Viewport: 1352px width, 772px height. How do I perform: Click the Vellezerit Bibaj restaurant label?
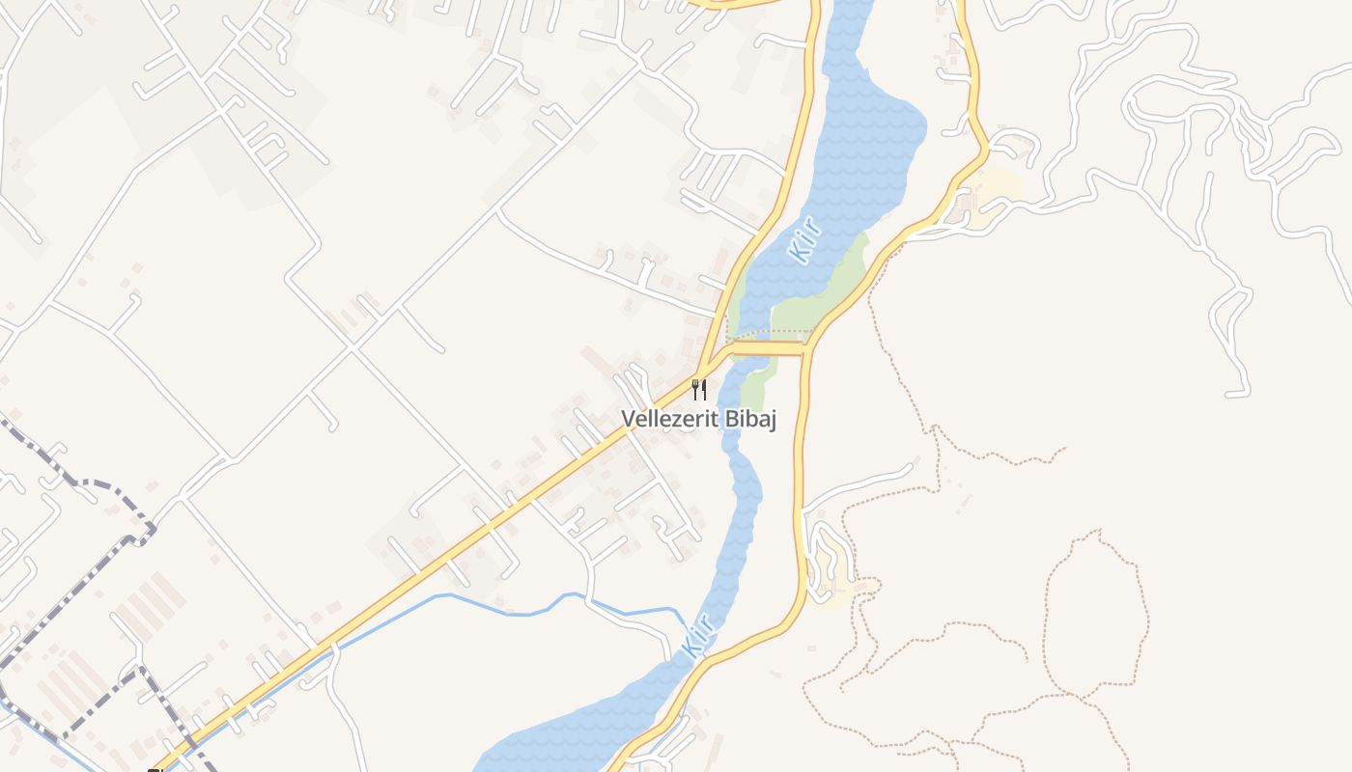pos(699,419)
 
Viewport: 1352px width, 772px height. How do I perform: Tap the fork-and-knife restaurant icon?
pos(699,390)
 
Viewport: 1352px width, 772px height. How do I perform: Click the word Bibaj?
pos(750,419)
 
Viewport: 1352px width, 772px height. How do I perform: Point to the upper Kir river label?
pos(804,240)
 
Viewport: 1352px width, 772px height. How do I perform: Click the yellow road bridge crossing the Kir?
pos(769,347)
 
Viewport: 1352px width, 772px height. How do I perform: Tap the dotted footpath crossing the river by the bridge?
pos(769,334)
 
